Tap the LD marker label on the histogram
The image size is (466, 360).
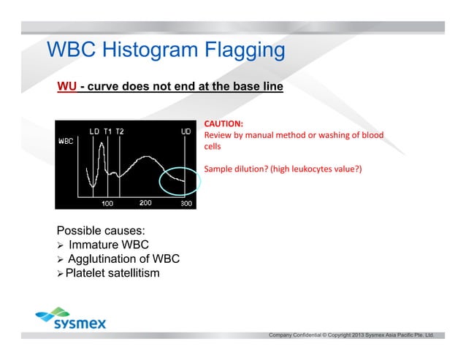tap(95, 131)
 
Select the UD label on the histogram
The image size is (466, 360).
tap(186, 131)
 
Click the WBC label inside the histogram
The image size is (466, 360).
tap(67, 142)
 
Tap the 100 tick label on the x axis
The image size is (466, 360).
tap(107, 203)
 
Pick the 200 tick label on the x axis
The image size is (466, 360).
tap(145, 202)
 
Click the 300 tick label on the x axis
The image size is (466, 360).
tap(186, 203)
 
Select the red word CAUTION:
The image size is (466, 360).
tap(223, 124)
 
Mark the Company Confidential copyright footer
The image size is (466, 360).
tap(351, 334)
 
